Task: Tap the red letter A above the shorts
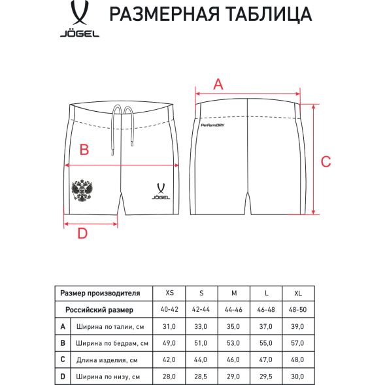tap(218, 84)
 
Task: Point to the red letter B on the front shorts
tap(84, 150)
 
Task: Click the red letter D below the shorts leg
tap(83, 233)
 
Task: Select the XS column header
tap(170, 293)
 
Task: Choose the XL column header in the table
tap(298, 293)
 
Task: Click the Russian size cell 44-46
tap(233, 309)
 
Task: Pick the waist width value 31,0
tap(170, 326)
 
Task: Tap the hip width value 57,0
tap(298, 343)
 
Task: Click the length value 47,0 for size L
tap(266, 360)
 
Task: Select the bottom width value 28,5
tap(201, 376)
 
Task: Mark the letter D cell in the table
tap(63, 376)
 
